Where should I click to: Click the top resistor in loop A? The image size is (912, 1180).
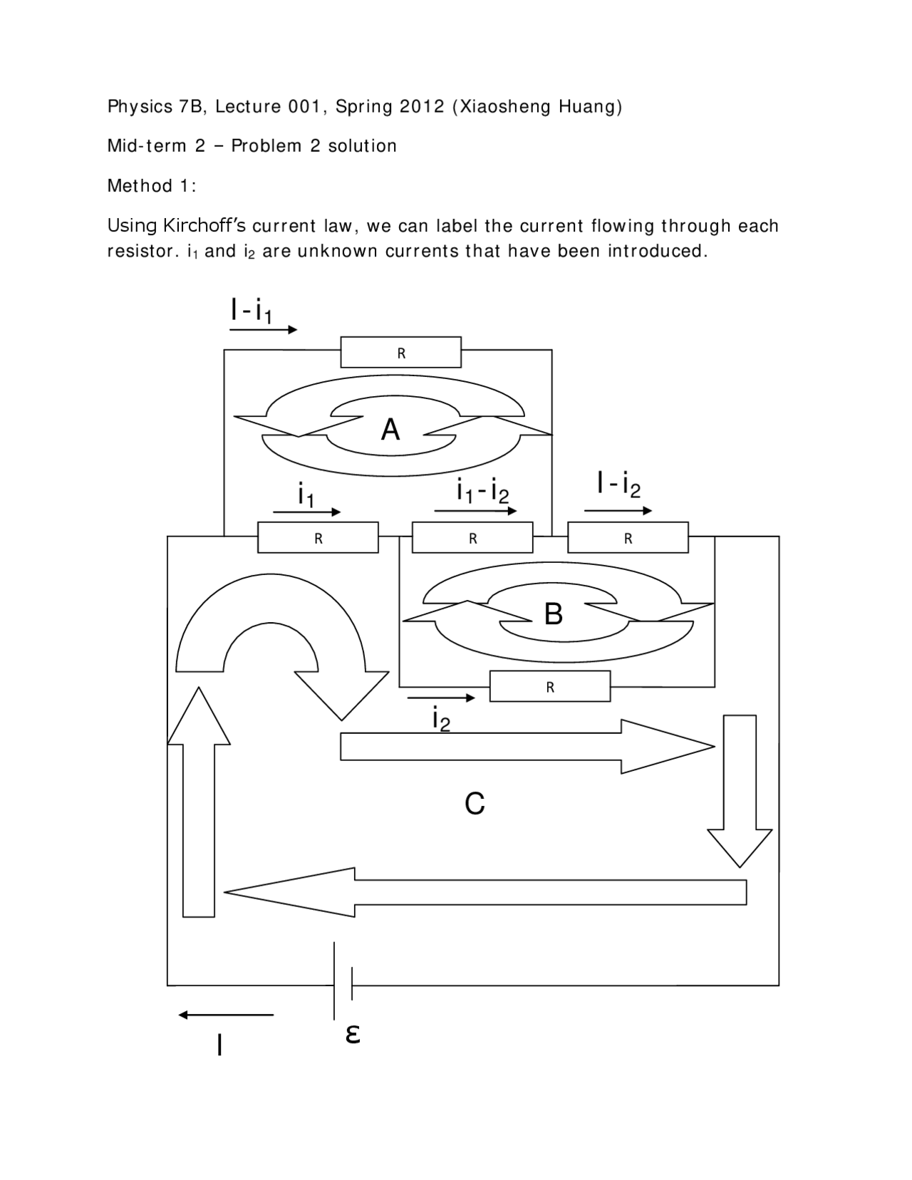click(x=400, y=352)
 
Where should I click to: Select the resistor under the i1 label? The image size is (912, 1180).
click(x=318, y=538)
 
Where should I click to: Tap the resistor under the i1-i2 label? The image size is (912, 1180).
click(x=472, y=538)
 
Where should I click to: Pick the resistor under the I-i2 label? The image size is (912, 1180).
click(x=628, y=538)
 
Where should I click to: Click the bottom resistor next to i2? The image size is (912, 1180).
click(x=549, y=687)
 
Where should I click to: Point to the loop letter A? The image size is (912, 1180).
click(x=390, y=430)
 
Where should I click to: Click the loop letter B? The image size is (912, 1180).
click(x=553, y=614)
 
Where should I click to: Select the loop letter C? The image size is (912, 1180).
click(x=475, y=803)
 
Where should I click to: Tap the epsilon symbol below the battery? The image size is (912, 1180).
click(x=352, y=1032)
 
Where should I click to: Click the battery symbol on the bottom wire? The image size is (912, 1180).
click(x=343, y=982)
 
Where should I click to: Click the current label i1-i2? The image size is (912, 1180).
click(x=482, y=490)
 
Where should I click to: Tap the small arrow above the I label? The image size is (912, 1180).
click(x=226, y=1015)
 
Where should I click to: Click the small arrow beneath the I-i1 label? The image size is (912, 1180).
click(x=263, y=330)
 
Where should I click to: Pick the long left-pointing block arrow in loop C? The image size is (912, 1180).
click(x=484, y=892)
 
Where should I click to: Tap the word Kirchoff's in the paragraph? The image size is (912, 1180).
click(x=204, y=226)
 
